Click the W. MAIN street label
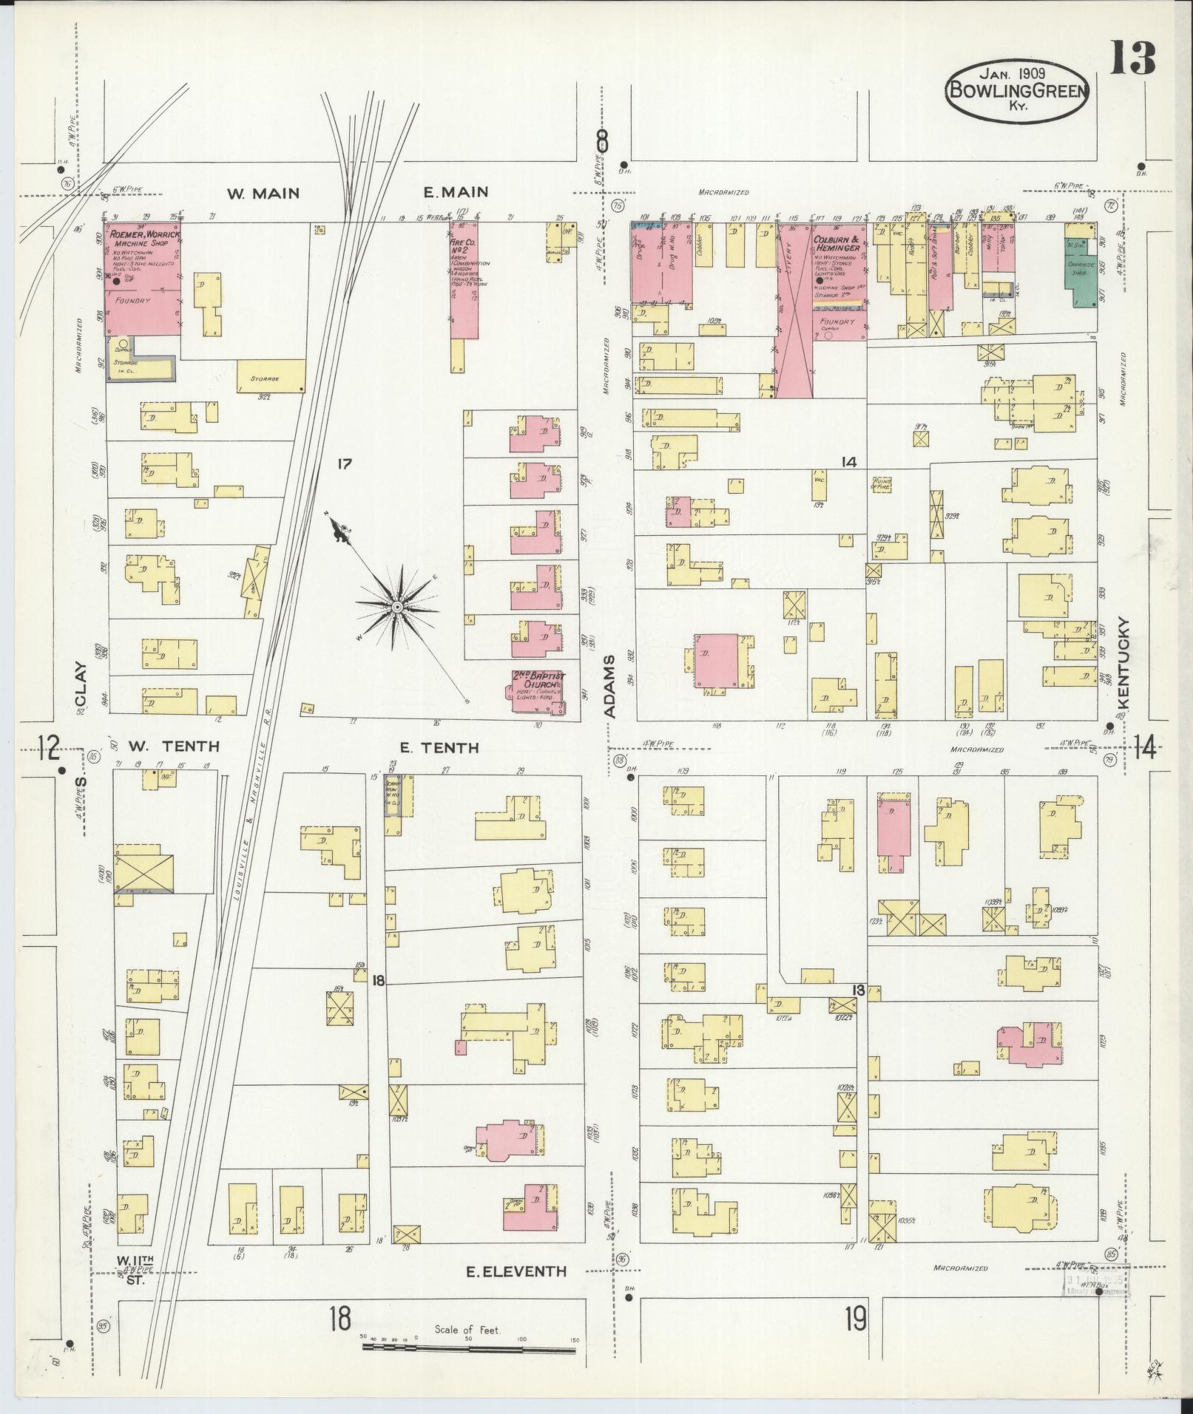263,194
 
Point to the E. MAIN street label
456,193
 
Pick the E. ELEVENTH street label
516,1271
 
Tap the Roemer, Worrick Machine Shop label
143,239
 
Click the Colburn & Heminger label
837,244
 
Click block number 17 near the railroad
343,464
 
